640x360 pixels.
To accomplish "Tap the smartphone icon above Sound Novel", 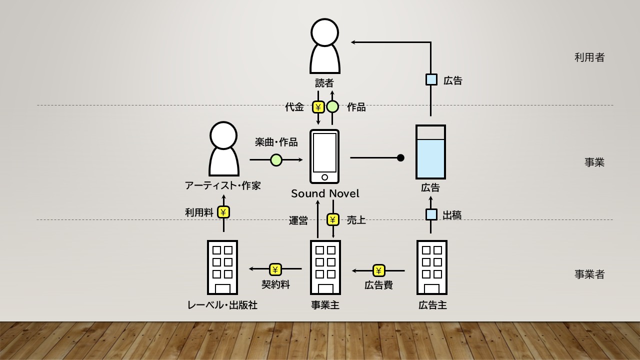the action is (324, 156).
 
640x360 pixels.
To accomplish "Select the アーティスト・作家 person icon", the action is (223, 148).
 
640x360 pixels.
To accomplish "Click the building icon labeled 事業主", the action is (325, 267).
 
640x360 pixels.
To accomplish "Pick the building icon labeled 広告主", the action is (431, 267).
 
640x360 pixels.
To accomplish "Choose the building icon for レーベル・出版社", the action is (222, 267).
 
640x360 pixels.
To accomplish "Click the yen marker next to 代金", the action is (318, 107).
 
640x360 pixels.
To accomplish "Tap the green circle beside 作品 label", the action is (332, 107).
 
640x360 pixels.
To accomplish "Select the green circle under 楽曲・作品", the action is (276, 160).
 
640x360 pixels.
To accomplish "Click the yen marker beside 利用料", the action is (223, 212).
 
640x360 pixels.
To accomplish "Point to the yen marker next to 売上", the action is (333, 219).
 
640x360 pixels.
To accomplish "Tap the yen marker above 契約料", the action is (275, 269).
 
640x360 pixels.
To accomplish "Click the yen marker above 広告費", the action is (379, 270).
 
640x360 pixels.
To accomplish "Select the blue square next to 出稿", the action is (431, 214).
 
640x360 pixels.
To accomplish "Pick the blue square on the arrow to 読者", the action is (431, 79).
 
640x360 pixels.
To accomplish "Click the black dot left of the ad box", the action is (400, 157).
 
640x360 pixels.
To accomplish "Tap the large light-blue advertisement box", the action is (430, 152).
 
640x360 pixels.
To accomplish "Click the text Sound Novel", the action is (325, 193).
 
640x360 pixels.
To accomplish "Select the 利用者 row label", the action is (589, 57).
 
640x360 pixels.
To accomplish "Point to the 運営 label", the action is (298, 220).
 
